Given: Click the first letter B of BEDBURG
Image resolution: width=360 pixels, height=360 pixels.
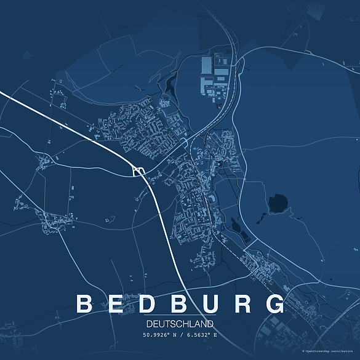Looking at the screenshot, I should click(x=84, y=304).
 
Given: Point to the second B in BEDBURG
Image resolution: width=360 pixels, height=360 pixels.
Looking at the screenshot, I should click(x=180, y=304).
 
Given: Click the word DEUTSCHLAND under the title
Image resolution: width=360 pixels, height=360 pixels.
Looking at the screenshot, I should click(x=180, y=324).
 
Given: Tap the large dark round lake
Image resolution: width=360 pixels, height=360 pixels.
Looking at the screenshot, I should click(x=278, y=202).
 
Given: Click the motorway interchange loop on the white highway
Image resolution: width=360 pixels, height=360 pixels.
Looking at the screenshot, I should click(x=139, y=171).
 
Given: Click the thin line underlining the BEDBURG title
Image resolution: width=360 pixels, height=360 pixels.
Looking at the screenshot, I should click(x=180, y=316).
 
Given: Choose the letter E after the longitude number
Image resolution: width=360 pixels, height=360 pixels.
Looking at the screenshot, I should click(x=215, y=335).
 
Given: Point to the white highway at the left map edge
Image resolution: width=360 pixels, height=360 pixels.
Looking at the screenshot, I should click(x=2, y=94).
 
